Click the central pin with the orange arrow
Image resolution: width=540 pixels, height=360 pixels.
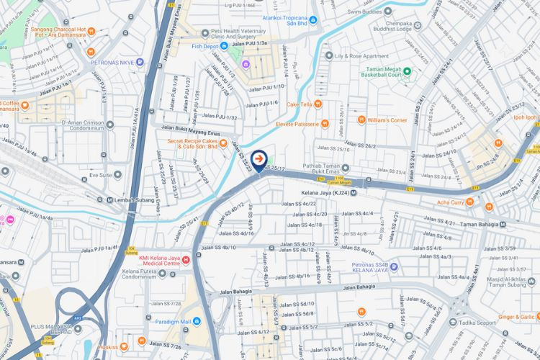(258, 158)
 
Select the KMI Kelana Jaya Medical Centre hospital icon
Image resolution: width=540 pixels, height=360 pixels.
(186, 259)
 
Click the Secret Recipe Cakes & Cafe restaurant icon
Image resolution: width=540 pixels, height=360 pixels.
(223, 142)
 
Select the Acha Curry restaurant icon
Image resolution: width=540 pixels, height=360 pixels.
(469, 202)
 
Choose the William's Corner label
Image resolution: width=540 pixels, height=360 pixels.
(387, 120)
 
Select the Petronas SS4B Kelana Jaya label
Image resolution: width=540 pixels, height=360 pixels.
(356, 271)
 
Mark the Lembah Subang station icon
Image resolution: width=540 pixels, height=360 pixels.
(109, 199)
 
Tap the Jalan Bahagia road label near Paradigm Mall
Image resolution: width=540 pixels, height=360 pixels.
(235, 292)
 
